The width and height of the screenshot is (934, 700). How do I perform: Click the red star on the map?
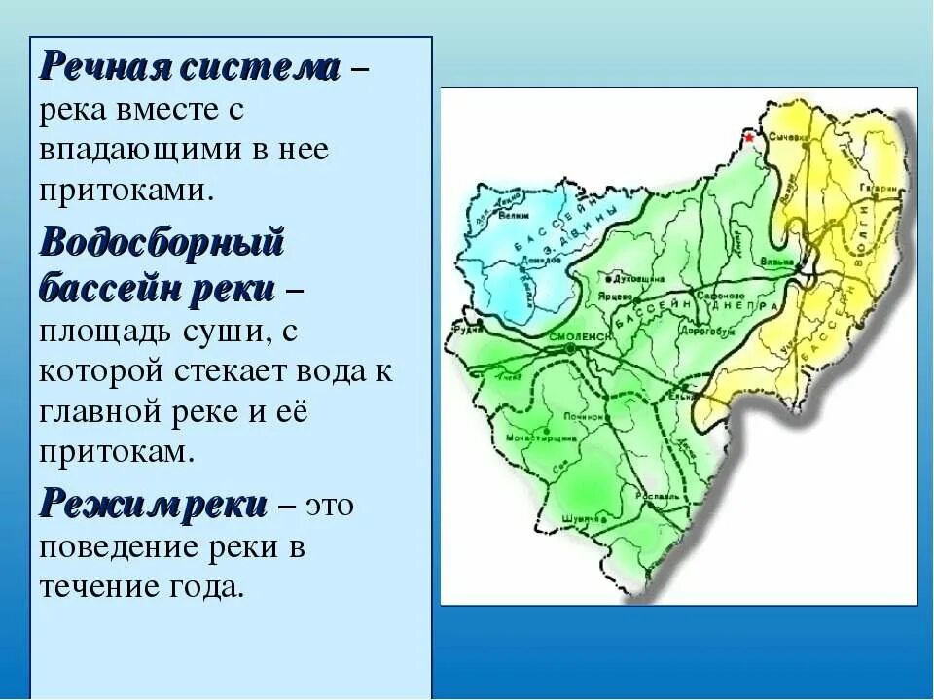pyautogui.click(x=749, y=138)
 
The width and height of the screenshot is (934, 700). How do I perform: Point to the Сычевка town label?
pyautogui.click(x=789, y=138)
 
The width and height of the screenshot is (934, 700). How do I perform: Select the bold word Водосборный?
pyautogui.click(x=162, y=242)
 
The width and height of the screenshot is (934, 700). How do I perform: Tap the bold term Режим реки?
pyautogui.click(x=153, y=505)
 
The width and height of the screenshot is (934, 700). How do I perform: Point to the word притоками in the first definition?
pyautogui.click(x=125, y=189)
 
